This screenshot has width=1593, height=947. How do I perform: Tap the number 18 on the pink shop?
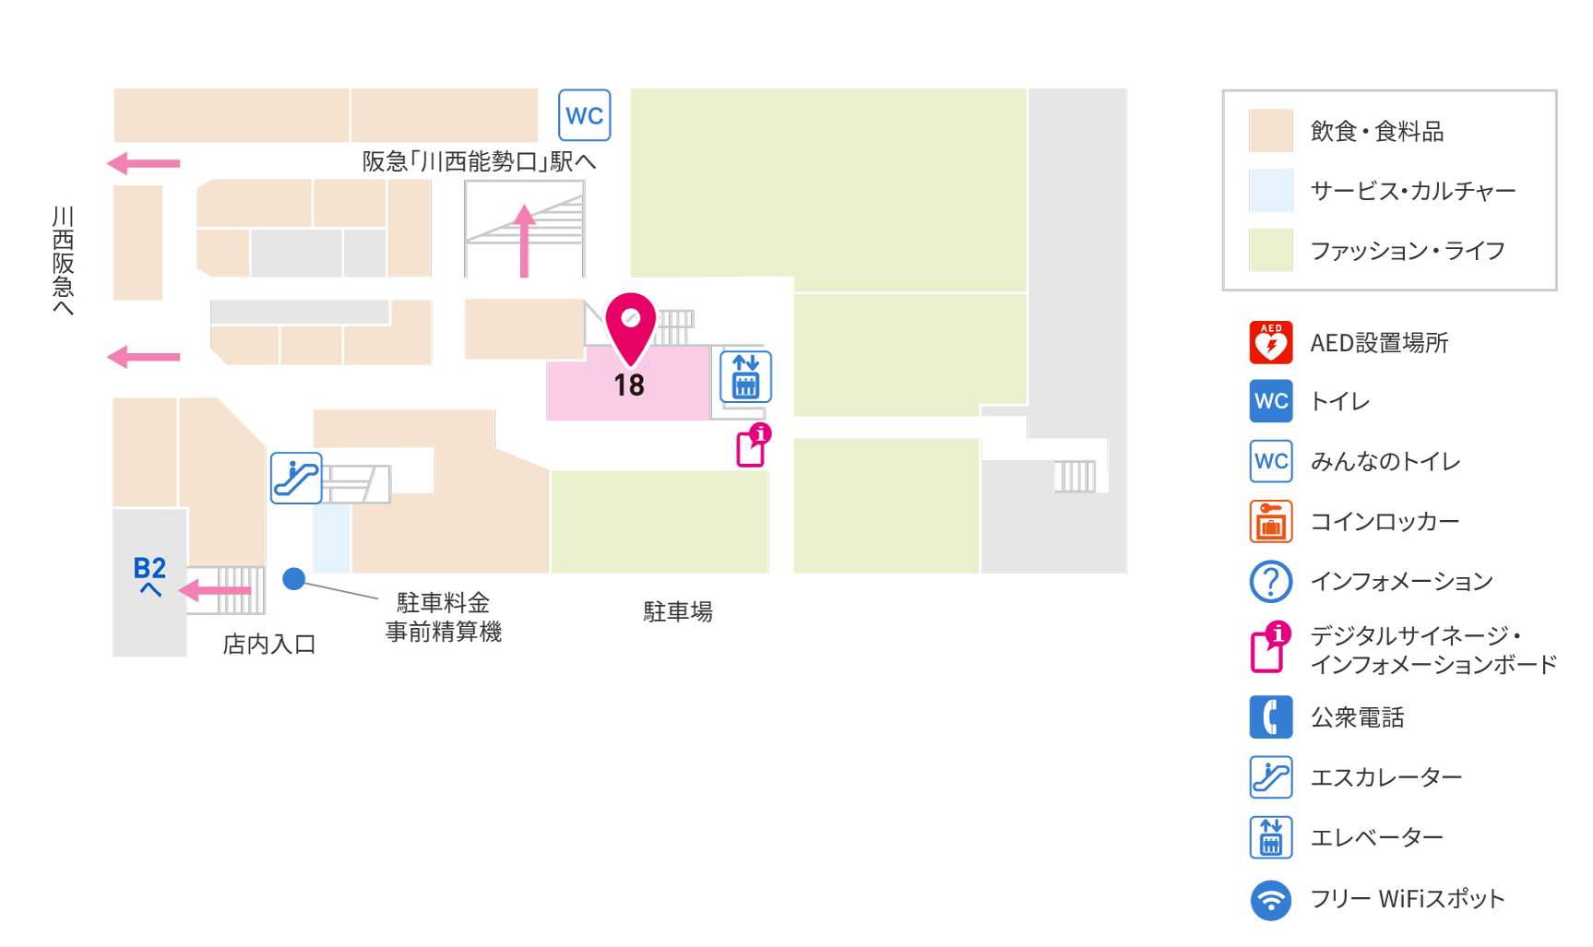629,385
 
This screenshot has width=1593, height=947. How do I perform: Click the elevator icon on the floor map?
745,376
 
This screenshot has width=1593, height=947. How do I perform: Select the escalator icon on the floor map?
296,478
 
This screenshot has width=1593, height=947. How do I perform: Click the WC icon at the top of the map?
585,115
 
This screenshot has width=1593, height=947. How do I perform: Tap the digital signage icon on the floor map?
753,445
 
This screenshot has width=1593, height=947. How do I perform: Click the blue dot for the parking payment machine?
294,578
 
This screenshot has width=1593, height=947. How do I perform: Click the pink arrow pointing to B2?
215,590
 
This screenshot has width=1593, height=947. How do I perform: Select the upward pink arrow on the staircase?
524,241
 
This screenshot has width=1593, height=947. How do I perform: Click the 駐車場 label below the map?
678,611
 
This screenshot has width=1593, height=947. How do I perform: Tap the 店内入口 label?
269,644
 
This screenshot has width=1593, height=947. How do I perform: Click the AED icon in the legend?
1271,342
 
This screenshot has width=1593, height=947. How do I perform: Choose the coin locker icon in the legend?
1271,521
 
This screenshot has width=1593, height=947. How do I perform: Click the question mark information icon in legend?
1271,581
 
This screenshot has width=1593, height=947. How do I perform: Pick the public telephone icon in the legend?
1271,717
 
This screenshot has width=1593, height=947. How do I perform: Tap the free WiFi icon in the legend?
1271,899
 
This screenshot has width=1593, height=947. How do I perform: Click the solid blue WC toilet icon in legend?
1271,401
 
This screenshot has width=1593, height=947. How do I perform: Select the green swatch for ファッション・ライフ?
1271,250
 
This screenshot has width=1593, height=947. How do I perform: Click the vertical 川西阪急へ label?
63,260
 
